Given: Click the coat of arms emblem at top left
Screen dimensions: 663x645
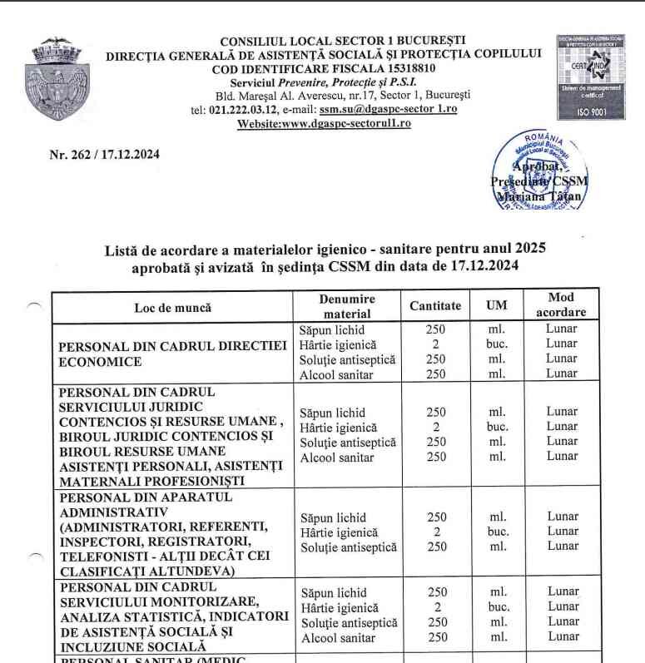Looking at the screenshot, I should tap(57, 83).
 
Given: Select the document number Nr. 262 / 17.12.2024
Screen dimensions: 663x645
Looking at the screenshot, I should tap(105, 154).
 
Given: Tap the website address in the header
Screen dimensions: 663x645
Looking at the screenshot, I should tap(324, 123).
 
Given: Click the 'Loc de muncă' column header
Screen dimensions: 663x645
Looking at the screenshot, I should tap(173, 307).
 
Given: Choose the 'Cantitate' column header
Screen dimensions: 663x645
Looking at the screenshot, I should tap(435, 306).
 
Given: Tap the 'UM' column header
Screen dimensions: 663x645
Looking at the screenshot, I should tap(497, 306).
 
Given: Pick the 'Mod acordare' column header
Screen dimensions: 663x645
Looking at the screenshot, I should tap(561, 304).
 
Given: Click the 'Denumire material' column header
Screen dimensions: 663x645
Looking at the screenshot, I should tap(347, 306).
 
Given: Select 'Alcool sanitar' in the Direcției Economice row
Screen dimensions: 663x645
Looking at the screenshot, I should tap(338, 374).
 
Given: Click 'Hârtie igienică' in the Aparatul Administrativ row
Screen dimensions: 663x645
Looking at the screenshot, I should tap(339, 532).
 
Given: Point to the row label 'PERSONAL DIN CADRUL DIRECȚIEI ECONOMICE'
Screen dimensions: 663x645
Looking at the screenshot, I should tap(173, 354).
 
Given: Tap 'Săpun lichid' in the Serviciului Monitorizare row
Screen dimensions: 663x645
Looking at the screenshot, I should tap(334, 593).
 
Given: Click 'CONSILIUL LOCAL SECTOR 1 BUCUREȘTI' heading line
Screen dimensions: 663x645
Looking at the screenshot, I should tap(342, 41).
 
